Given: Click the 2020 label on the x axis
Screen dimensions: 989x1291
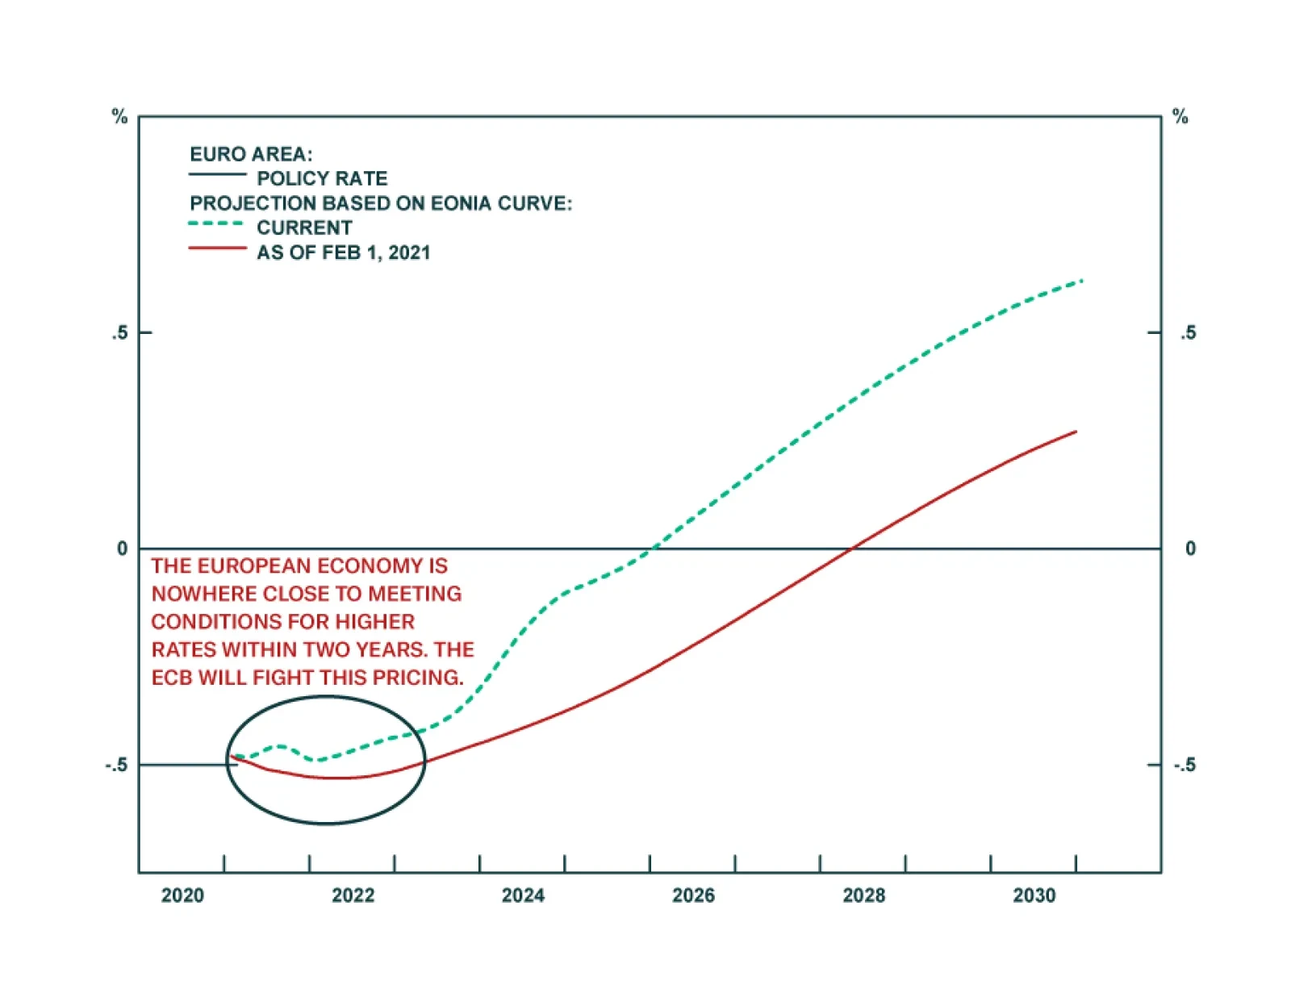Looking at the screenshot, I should [182, 895].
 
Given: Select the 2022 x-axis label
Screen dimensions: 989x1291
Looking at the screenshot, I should [353, 895].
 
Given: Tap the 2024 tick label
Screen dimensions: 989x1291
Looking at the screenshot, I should [523, 895].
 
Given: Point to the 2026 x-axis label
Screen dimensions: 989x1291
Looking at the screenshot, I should [693, 895].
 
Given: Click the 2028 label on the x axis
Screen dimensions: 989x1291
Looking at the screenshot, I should [863, 895].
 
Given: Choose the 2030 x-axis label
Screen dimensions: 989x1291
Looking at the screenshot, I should [1034, 895].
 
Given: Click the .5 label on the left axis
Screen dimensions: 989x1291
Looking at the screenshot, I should [120, 333].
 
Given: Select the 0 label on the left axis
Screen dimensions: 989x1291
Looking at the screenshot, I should [122, 549].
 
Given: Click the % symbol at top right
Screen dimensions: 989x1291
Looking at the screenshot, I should [1180, 117].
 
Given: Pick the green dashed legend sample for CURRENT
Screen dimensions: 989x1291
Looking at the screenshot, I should [216, 224].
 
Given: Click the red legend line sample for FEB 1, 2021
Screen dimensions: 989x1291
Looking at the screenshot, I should [217, 248].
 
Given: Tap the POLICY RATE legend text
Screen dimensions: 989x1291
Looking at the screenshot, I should [322, 178].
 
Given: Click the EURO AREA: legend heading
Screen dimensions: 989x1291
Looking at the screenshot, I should [251, 154].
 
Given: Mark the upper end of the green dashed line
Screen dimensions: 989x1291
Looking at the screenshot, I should [1081, 281].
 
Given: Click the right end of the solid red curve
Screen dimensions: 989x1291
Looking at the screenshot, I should [1076, 432].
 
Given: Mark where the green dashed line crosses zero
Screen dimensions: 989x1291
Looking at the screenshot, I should [652, 549].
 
